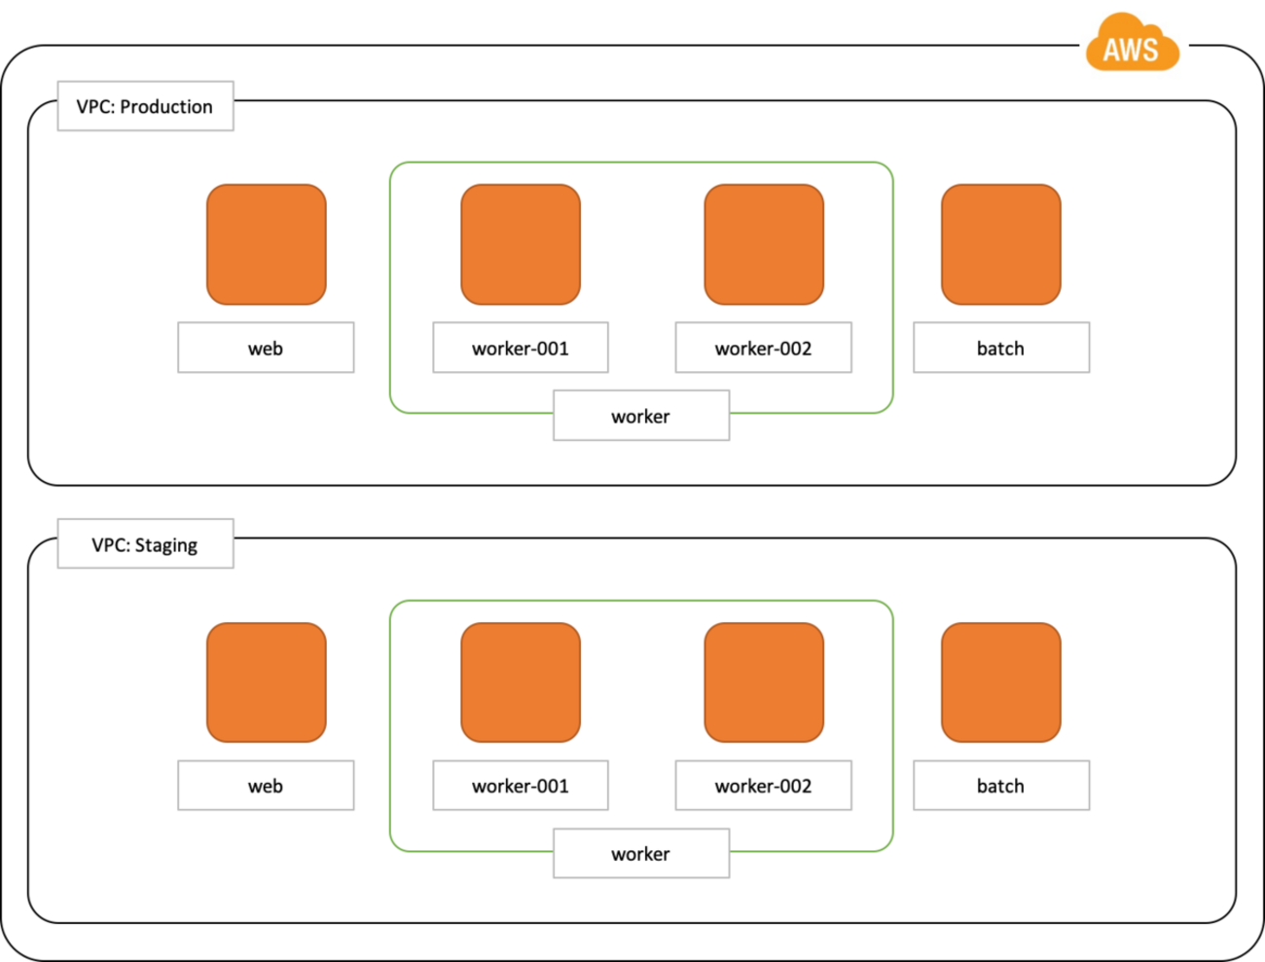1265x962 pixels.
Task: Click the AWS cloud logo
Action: [x=1133, y=43]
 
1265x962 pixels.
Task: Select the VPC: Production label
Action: [x=145, y=106]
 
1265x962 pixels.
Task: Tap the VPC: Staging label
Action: [x=145, y=543]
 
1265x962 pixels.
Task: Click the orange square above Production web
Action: [x=267, y=244]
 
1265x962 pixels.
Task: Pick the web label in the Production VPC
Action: [x=266, y=348]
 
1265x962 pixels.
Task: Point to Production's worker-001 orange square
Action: [x=521, y=244]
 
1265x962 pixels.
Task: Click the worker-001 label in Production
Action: [x=521, y=348]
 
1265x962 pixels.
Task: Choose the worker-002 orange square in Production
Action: [x=764, y=244]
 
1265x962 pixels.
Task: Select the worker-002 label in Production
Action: [x=764, y=348]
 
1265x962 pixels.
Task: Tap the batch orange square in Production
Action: [x=1001, y=244]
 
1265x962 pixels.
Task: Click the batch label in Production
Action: [x=1001, y=348]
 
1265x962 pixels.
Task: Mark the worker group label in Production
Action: [x=641, y=416]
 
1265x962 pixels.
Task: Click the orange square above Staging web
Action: [x=267, y=683]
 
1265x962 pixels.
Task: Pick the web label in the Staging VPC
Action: [x=266, y=785]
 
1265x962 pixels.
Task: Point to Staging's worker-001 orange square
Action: [x=521, y=683]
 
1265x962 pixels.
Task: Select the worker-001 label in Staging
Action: [x=521, y=785]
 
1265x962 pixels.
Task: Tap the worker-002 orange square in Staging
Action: [x=764, y=683]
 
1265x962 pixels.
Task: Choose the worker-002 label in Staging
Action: [x=764, y=785]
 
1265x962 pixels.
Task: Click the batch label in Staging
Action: [x=1001, y=785]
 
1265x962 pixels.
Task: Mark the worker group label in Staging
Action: [x=641, y=853]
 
